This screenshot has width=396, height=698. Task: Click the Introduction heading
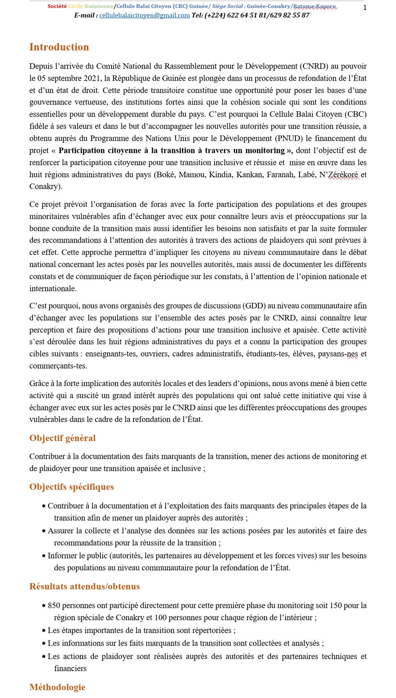pos(59,47)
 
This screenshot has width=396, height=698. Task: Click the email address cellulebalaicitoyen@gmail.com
pos(144,15)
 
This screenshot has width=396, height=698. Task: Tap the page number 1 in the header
pos(365,7)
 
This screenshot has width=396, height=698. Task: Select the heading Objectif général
pos(62,438)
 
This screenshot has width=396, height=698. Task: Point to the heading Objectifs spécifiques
pos(71,487)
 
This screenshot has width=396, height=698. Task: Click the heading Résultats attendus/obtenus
pos(84,587)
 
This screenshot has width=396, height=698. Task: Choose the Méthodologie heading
pos(57,687)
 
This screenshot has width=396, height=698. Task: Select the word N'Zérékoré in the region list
pos(339,175)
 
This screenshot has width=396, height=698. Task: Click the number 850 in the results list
pos(54,606)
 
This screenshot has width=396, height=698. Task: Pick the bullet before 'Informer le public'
pos(44,556)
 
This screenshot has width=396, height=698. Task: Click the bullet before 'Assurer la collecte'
pos(44,531)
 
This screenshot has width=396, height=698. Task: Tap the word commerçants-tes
pos(58,366)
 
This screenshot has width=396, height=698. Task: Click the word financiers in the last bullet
pos(70,669)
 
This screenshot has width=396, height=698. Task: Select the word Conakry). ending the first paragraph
pos(46,186)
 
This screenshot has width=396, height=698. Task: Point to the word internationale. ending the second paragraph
pos(53,289)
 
